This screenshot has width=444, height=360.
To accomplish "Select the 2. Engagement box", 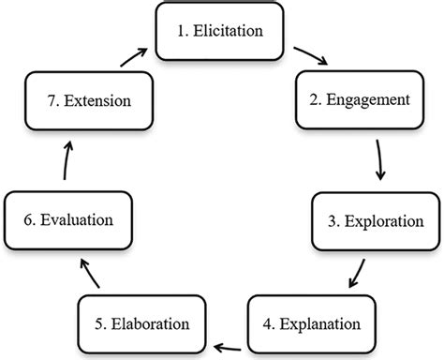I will pos(361,97).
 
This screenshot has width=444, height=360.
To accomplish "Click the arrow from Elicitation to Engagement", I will pos(310,55).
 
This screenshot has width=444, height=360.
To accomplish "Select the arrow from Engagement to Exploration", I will pos(379,160).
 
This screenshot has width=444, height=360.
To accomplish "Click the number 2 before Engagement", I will pos(314,97).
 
